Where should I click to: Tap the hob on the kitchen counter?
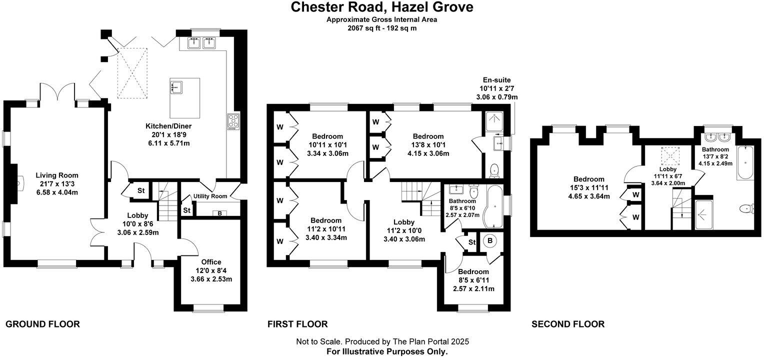pos(233,121)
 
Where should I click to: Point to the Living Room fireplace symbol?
pos(18,184)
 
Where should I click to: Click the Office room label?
pos(211,262)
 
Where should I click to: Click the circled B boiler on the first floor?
pos(490,241)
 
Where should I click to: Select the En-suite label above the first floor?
pos(496,80)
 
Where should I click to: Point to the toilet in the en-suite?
pos(494,170)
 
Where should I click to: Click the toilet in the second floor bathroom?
pos(747,208)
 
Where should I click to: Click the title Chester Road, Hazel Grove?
pos(382,7)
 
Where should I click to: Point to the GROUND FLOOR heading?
pos(42,324)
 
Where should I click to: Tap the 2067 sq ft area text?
pos(382,28)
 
